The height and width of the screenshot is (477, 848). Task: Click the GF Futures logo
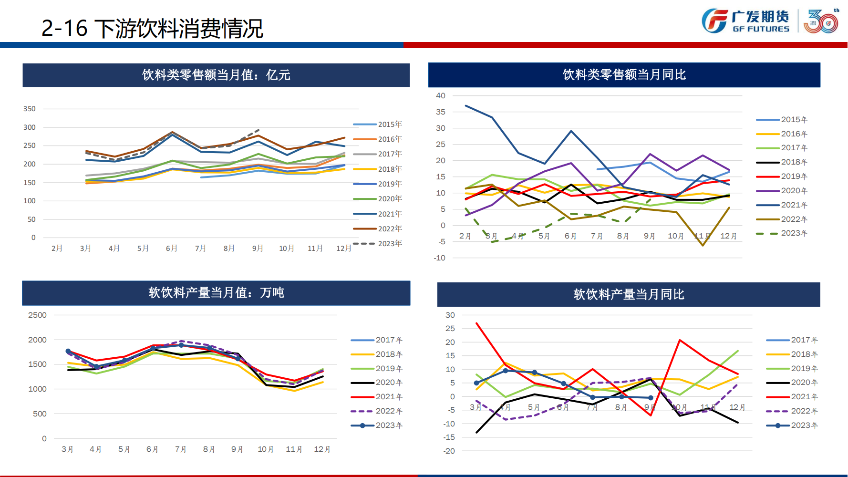[745, 21]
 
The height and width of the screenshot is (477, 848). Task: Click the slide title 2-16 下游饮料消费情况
[152, 29]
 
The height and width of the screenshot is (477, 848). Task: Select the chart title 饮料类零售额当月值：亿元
[216, 75]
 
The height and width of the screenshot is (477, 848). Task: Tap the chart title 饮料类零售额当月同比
[624, 74]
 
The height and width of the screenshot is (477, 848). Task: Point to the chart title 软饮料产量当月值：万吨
[216, 292]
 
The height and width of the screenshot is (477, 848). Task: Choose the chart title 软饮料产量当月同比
[629, 294]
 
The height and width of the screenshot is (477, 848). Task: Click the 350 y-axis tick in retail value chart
[30, 109]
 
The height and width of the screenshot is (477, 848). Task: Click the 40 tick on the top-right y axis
[440, 95]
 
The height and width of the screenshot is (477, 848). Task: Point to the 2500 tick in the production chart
[37, 315]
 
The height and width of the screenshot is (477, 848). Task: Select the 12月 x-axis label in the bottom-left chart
[322, 449]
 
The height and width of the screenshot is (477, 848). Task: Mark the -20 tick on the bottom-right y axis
[449, 451]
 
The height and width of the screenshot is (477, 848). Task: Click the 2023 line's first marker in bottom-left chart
[68, 351]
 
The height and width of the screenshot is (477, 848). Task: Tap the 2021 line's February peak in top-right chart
[466, 106]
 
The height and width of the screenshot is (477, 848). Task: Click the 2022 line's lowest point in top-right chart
[703, 246]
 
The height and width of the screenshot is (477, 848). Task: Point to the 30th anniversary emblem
[821, 21]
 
